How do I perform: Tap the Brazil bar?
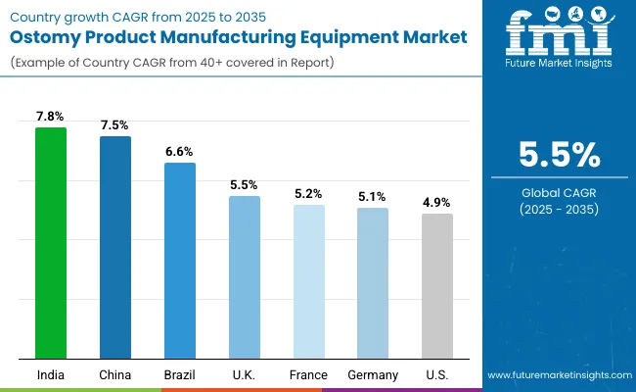(x=179, y=261)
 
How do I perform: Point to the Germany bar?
(x=373, y=283)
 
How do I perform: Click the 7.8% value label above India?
(x=50, y=117)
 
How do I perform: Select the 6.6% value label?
(x=179, y=152)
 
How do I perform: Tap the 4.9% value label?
(x=437, y=203)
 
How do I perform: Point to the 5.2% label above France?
(x=308, y=194)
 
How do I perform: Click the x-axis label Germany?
(x=373, y=375)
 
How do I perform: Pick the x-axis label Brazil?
(x=179, y=375)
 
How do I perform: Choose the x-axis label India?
(x=50, y=375)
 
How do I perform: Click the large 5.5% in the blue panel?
(x=559, y=155)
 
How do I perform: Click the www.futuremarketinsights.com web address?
(x=559, y=375)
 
